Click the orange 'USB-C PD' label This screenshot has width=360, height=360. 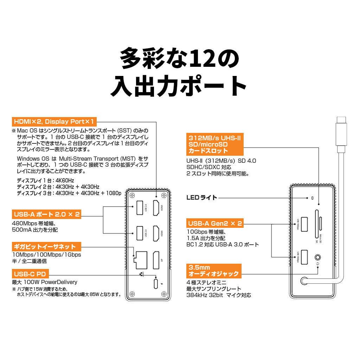(x=30, y=274)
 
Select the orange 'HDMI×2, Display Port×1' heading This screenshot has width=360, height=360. (x=54, y=122)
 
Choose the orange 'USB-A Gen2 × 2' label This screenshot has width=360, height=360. (x=215, y=223)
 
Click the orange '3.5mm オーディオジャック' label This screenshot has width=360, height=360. (x=213, y=271)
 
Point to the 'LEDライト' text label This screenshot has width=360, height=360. (x=201, y=198)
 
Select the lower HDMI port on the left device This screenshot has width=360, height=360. (x=156, y=234)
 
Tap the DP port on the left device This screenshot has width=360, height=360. (x=156, y=260)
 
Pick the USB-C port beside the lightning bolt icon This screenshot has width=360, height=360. (x=156, y=283)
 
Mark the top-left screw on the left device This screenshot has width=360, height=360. (x=132, y=195)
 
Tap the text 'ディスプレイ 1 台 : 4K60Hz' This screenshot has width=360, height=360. (x=45, y=180)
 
